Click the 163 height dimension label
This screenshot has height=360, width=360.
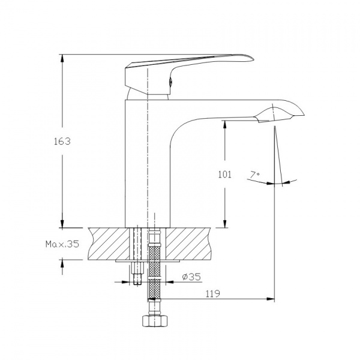click(62, 142)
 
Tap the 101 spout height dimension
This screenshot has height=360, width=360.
click(224, 175)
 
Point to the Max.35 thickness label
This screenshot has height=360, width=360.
click(62, 244)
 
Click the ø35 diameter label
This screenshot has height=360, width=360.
click(191, 277)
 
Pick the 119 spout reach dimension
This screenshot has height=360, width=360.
click(212, 293)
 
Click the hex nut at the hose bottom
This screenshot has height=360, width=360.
click(155, 321)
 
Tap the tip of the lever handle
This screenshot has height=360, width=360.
click(253, 59)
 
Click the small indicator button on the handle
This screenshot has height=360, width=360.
click(171, 82)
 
